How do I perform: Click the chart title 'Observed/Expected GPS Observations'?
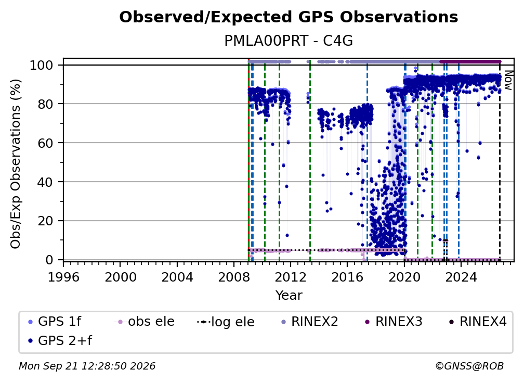tap(289, 17)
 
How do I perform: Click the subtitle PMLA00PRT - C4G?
tap(289, 41)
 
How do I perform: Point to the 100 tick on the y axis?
tap(46, 65)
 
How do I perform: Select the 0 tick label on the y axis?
tap(49, 260)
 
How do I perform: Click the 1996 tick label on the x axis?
tap(63, 277)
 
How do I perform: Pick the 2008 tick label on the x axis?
tap(234, 277)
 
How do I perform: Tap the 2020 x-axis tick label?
tap(404, 277)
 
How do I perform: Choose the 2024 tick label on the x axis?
tap(461, 277)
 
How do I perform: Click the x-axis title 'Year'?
tap(289, 296)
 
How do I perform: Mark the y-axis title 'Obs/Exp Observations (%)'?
tap(16, 163)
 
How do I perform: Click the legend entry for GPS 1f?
tap(55, 322)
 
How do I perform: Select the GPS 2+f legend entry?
tap(60, 340)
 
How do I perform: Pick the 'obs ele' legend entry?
tap(145, 322)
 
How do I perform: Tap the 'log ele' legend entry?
tap(226, 322)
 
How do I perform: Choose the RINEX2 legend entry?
tap(309, 322)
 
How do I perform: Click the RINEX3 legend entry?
tap(394, 322)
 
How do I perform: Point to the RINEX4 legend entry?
tap(478, 322)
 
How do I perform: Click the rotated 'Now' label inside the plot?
tap(508, 80)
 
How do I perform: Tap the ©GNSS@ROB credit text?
tap(469, 366)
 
